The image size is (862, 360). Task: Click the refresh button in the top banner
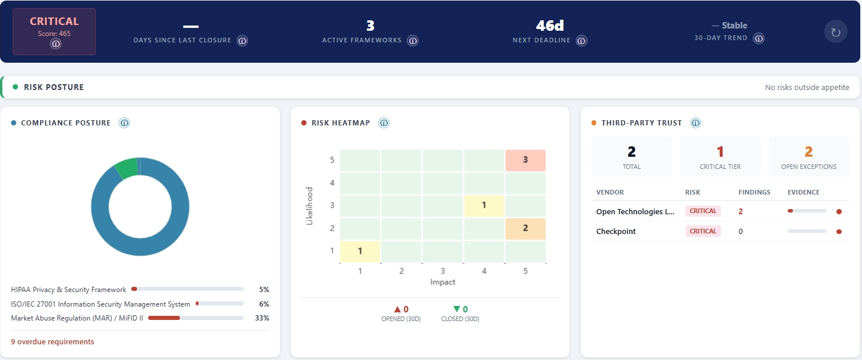pos(835,32)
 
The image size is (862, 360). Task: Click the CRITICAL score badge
pos(54,31)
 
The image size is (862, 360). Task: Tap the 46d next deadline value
pos(550,26)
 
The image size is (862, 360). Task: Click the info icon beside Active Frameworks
pos(413,41)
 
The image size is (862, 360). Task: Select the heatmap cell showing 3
pos(525,160)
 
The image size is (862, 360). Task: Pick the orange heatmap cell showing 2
pos(525,228)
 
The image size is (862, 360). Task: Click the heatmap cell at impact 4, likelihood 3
pos(484,206)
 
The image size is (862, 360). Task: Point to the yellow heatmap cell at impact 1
pos(360,251)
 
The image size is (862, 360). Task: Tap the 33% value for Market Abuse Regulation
pos(262,318)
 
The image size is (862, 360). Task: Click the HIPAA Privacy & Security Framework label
pos(68,289)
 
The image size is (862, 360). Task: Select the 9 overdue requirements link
pos(52,342)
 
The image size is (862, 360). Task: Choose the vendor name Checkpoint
pos(616,231)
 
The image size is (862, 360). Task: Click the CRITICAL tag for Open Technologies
pos(703,211)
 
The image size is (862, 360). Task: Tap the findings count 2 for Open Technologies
pos(741,211)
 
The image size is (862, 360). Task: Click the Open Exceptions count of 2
pos(809,152)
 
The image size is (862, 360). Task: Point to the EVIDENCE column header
pos(803,192)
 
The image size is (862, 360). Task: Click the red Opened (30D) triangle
pos(397,309)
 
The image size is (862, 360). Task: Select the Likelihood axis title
pos(309,206)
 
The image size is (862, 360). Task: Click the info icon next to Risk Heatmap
pos(384,123)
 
